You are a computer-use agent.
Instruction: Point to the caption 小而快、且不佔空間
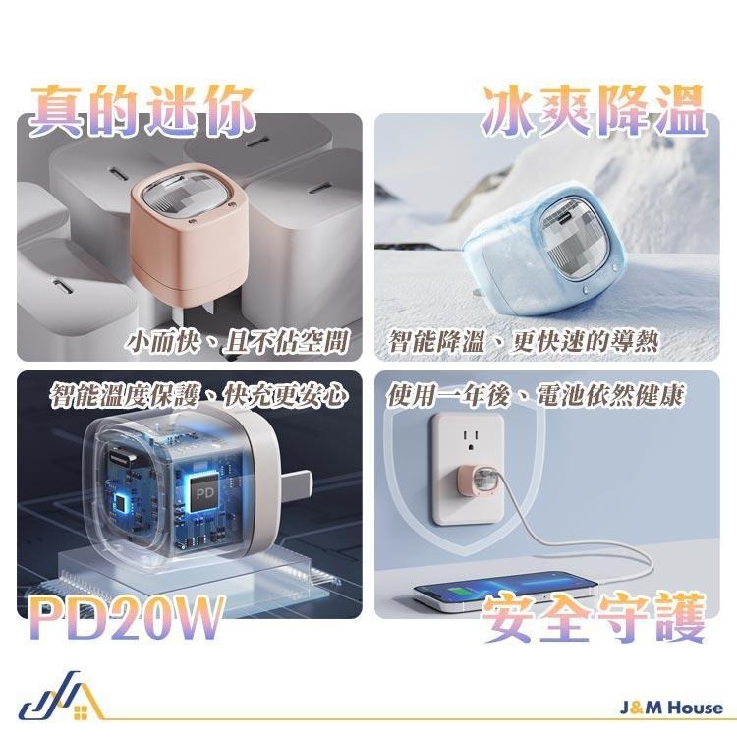point(239,342)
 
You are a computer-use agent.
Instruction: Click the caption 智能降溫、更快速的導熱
point(523,342)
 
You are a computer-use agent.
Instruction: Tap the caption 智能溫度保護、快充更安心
point(199,396)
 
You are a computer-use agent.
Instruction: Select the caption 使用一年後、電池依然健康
point(536,396)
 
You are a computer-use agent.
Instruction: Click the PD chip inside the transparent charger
point(205,488)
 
